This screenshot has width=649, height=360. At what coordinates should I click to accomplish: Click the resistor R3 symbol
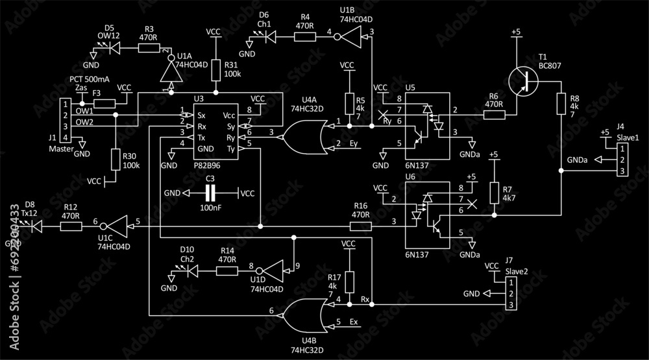tap(149, 49)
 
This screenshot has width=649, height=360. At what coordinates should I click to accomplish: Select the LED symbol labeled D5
tap(115, 49)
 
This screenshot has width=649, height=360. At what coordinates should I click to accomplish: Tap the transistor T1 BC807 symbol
tap(526, 81)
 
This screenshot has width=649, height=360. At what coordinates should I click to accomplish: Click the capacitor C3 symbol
tap(210, 193)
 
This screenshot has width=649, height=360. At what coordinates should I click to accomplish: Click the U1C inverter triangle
tap(118, 226)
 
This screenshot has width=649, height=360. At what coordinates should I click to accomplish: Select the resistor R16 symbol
tap(360, 226)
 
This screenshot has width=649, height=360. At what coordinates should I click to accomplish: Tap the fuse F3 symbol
tap(104, 103)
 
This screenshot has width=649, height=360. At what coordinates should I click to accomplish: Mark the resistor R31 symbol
tap(216, 71)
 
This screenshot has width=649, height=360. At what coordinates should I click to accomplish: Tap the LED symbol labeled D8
tap(36, 226)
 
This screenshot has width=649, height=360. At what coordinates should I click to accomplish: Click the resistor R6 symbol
tap(495, 115)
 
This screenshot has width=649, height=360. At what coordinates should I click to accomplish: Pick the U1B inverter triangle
tap(350, 38)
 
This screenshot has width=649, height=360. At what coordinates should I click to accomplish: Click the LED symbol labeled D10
tap(191, 271)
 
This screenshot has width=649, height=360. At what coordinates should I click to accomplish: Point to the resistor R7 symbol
tap(495, 193)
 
